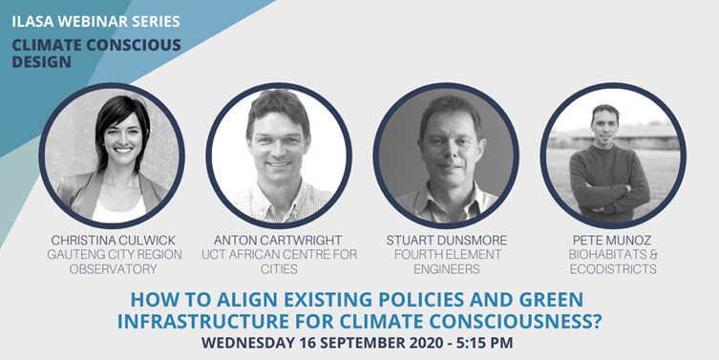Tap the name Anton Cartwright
278,240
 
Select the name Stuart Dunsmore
445,240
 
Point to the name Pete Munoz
612,240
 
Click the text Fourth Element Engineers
445,262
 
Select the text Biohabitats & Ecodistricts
612,262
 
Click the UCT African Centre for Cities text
278,262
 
